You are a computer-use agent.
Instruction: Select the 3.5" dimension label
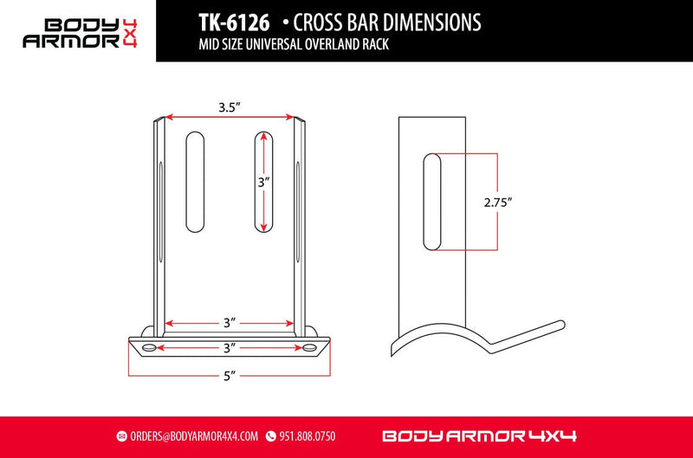pyautogui.click(x=230, y=108)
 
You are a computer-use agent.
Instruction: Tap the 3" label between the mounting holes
pyautogui.click(x=230, y=347)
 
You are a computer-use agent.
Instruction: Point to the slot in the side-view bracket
pyautogui.click(x=431, y=202)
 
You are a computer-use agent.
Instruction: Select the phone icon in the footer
pyautogui.click(x=270, y=435)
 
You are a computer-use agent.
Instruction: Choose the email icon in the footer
pyautogui.click(x=122, y=435)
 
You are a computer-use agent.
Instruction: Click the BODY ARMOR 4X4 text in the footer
pyautogui.click(x=479, y=435)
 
